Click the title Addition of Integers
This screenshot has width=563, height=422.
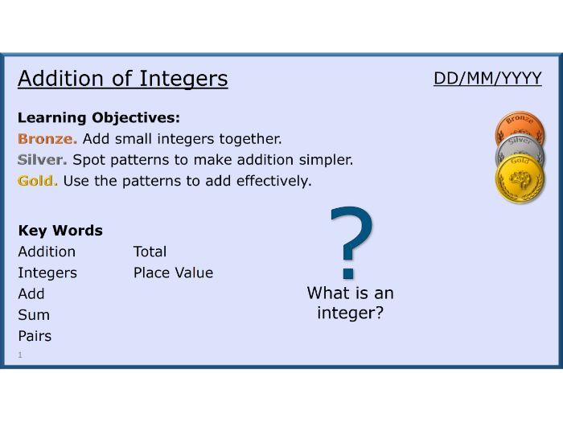tap(123, 79)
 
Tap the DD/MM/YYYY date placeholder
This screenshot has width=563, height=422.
tap(487, 78)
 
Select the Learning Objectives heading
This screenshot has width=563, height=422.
tap(99, 117)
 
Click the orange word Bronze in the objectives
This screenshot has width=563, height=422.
tap(47, 138)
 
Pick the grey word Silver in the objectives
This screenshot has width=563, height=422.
tap(42, 160)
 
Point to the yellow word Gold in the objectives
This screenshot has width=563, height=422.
tap(37, 181)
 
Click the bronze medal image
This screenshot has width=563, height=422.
tap(520, 123)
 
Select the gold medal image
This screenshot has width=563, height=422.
tap(520, 179)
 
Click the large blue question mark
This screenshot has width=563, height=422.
tap(352, 243)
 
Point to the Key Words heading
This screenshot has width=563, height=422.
tap(60, 231)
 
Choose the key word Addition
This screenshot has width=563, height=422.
tap(47, 252)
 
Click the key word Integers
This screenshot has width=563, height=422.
tap(47, 273)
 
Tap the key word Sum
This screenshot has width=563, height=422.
tap(34, 315)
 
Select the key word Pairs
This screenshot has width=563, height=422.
tap(35, 336)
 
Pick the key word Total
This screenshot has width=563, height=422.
tap(150, 252)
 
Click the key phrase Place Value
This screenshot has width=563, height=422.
tap(174, 272)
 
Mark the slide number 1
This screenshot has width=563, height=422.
tap(20, 355)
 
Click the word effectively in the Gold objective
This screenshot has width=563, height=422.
tap(273, 181)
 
